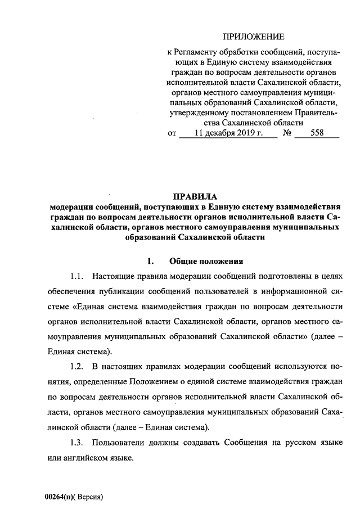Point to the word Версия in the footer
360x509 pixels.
[x=89, y=498]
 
